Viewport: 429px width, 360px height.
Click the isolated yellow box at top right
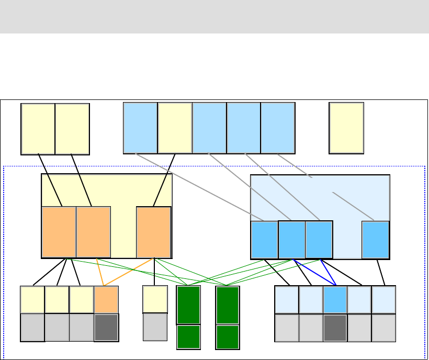pos(346,128)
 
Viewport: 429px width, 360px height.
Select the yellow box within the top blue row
pos(175,128)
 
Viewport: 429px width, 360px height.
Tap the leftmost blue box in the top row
pos(140,128)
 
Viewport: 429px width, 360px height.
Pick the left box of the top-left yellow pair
pos(38,129)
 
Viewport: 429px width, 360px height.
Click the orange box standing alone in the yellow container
pos(154,232)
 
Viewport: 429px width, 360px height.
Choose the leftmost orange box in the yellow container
pos(59,232)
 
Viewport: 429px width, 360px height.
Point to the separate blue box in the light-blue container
pos(376,240)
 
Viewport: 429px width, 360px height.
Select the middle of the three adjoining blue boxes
pos(292,240)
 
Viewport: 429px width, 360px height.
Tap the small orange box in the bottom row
pos(106,299)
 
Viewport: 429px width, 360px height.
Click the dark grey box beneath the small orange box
pos(106,327)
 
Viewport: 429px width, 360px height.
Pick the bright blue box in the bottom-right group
pos(335,299)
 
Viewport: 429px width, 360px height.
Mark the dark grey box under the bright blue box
pos(335,328)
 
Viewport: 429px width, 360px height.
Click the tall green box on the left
pos(188,305)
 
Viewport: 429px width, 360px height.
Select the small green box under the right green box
pos(228,337)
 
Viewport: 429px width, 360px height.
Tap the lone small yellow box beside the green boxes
pos(155,299)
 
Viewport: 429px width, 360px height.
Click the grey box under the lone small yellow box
pos(155,327)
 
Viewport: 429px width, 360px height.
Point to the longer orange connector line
pos(129,272)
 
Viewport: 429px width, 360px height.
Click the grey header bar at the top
pos(214,17)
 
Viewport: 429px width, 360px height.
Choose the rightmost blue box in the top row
pos(278,128)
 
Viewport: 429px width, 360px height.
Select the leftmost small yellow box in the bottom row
pos(32,299)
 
